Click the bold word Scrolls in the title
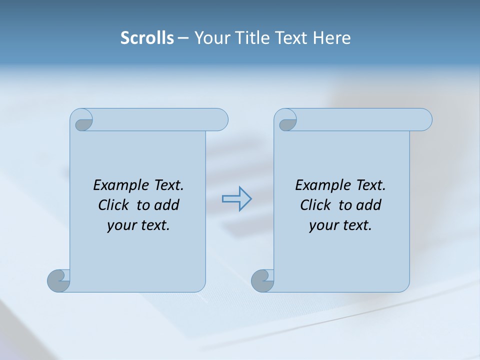[x=147, y=38]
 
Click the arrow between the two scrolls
[x=236, y=199]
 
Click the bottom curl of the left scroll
[x=58, y=280]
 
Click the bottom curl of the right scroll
[x=262, y=280]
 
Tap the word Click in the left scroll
[x=113, y=205]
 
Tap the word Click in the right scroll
[x=315, y=205]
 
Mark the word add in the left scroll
[x=166, y=205]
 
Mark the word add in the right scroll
[x=368, y=205]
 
